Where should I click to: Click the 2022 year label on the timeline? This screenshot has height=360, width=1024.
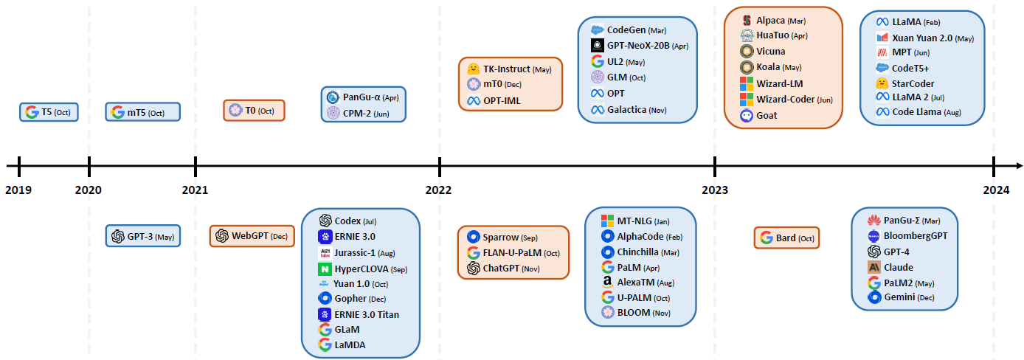coord(438,190)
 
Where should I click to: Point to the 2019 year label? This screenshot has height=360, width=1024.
coord(18,190)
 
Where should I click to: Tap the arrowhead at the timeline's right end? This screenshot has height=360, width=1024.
coord(1019,166)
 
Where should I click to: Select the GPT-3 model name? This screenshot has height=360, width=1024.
coord(140,237)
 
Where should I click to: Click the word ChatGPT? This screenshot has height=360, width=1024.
coord(501,269)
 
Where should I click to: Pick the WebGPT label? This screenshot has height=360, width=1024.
coord(249,236)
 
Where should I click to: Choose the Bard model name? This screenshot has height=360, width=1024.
coord(786,238)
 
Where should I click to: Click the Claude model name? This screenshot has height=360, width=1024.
coord(899,267)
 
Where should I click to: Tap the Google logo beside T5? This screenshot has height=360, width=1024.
coord(32,112)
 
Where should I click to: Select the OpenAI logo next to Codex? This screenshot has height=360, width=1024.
coord(325,221)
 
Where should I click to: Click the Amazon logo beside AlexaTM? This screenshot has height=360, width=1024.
coord(607,283)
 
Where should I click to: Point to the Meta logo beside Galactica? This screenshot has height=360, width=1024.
coord(598,110)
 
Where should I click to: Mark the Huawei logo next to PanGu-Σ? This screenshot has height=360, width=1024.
coord(873,220)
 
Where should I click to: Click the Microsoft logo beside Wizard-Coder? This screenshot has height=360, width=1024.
coord(747,99)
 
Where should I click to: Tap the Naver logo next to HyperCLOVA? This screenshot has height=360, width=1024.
coord(325,269)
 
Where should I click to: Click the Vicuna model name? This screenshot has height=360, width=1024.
coord(771,51)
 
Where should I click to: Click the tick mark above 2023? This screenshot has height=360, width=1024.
coord(715,166)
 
